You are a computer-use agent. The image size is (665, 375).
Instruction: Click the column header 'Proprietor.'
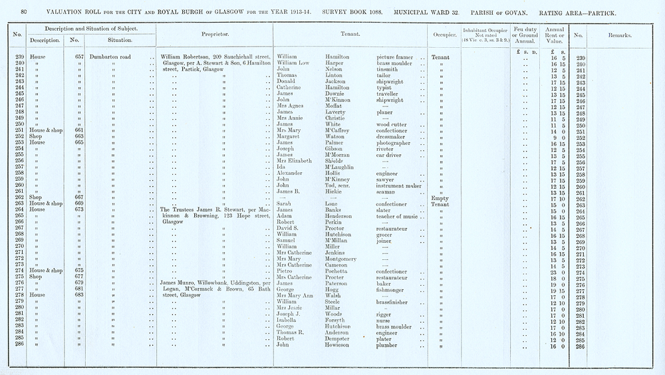pyautogui.click(x=215, y=34)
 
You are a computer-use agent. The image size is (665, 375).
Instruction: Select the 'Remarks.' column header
pyautogui.click(x=619, y=34)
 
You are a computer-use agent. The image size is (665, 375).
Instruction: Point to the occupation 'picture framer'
pyautogui.click(x=395, y=57)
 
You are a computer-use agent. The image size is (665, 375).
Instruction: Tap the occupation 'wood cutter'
pyautogui.click(x=392, y=124)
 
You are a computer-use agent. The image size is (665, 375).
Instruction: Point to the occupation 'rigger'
pyautogui.click(x=384, y=315)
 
